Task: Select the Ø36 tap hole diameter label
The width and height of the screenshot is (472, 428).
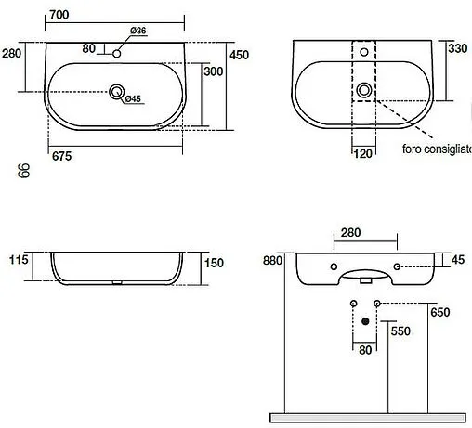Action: (x=137, y=32)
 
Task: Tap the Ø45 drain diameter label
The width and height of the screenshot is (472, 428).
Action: (x=133, y=99)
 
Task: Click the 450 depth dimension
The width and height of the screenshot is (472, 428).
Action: (x=240, y=56)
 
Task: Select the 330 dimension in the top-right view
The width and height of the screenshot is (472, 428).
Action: (x=459, y=48)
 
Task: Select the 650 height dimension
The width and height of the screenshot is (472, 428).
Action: (x=439, y=313)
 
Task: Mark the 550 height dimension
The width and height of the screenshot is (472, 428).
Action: (x=400, y=331)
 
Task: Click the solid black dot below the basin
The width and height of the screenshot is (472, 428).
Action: (x=364, y=321)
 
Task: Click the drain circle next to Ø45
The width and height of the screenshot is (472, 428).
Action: (x=117, y=91)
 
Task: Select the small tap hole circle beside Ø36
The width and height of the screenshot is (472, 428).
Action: (x=117, y=54)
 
